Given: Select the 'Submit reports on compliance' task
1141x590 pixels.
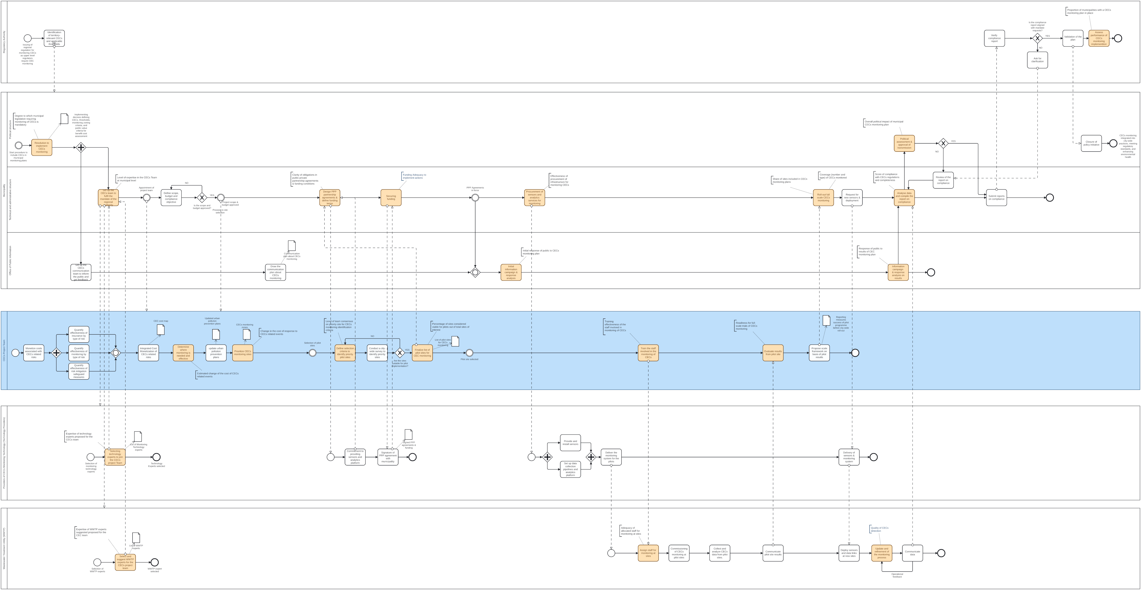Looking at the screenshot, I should tap(996, 198).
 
